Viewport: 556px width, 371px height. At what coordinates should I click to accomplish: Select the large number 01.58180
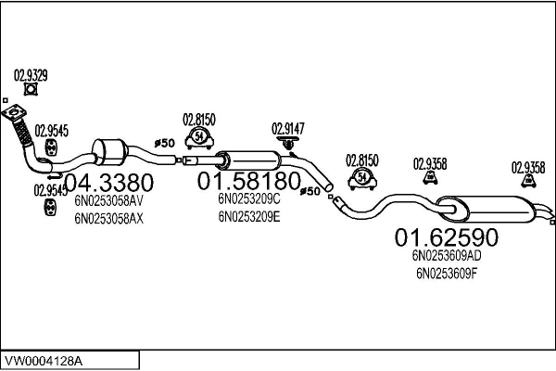tap(248, 179)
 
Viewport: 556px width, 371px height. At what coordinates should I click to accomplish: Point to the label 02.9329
tap(32, 74)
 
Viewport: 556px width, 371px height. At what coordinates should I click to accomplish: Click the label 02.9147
tap(288, 129)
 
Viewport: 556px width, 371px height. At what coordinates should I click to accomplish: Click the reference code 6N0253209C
tap(248, 198)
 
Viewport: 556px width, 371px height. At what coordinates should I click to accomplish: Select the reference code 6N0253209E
tap(248, 217)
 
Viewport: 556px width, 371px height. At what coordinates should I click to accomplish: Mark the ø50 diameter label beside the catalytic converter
tap(163, 143)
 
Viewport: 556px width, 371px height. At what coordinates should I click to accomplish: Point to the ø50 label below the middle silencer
tap(310, 192)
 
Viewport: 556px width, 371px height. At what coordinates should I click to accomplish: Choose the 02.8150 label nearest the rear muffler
tap(362, 160)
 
